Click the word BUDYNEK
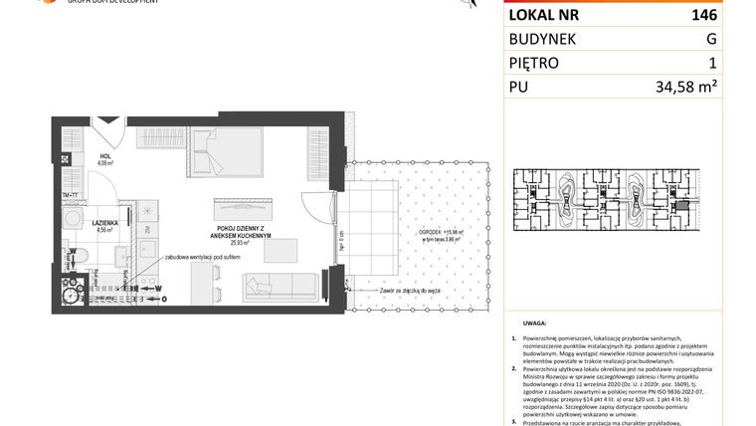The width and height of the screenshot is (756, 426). click(546, 39)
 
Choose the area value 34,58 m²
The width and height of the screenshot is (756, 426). click(686, 88)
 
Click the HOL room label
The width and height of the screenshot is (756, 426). click(104, 156)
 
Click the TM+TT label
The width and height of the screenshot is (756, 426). click(70, 195)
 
